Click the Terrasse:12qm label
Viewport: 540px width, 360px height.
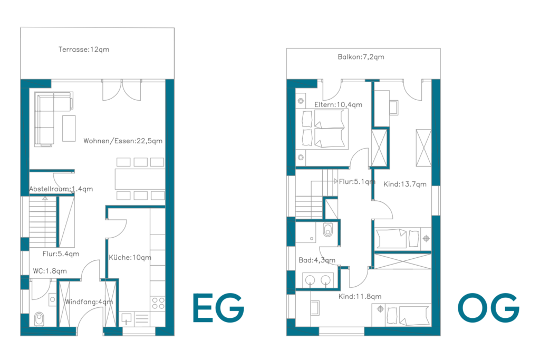84,50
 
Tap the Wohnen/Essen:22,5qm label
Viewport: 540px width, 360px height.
123,141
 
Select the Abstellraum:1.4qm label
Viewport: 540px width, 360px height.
61,189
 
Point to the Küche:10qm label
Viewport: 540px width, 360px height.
130,257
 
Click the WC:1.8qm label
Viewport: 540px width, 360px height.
50,271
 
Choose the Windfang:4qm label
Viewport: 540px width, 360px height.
89,302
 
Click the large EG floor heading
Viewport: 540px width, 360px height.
218,308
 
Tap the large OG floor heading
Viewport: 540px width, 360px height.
488,308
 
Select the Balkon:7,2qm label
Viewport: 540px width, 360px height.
361,57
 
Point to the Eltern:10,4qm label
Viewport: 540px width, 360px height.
338,105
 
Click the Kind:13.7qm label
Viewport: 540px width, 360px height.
405,184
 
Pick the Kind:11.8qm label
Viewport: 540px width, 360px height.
360,296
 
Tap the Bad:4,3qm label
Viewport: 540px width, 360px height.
317,260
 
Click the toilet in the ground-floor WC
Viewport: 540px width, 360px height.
39,319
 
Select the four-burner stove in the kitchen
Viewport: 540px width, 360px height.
158,303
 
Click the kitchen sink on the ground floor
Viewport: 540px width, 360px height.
127,318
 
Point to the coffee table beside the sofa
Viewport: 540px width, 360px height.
69,129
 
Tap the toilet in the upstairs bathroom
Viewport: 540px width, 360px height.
328,230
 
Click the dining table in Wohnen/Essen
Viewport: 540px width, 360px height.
140,179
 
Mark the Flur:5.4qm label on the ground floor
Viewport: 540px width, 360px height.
61,254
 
